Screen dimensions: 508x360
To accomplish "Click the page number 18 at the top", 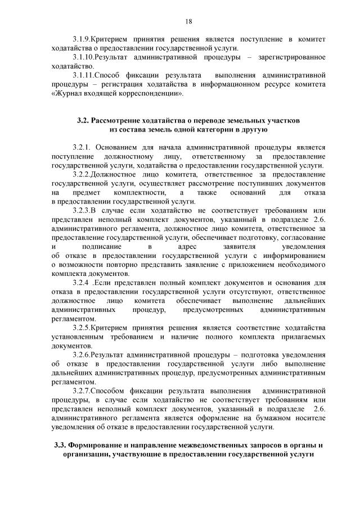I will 188,21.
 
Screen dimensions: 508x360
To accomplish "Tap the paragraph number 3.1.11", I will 84,75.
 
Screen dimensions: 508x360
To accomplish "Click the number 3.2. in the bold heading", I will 83,121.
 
